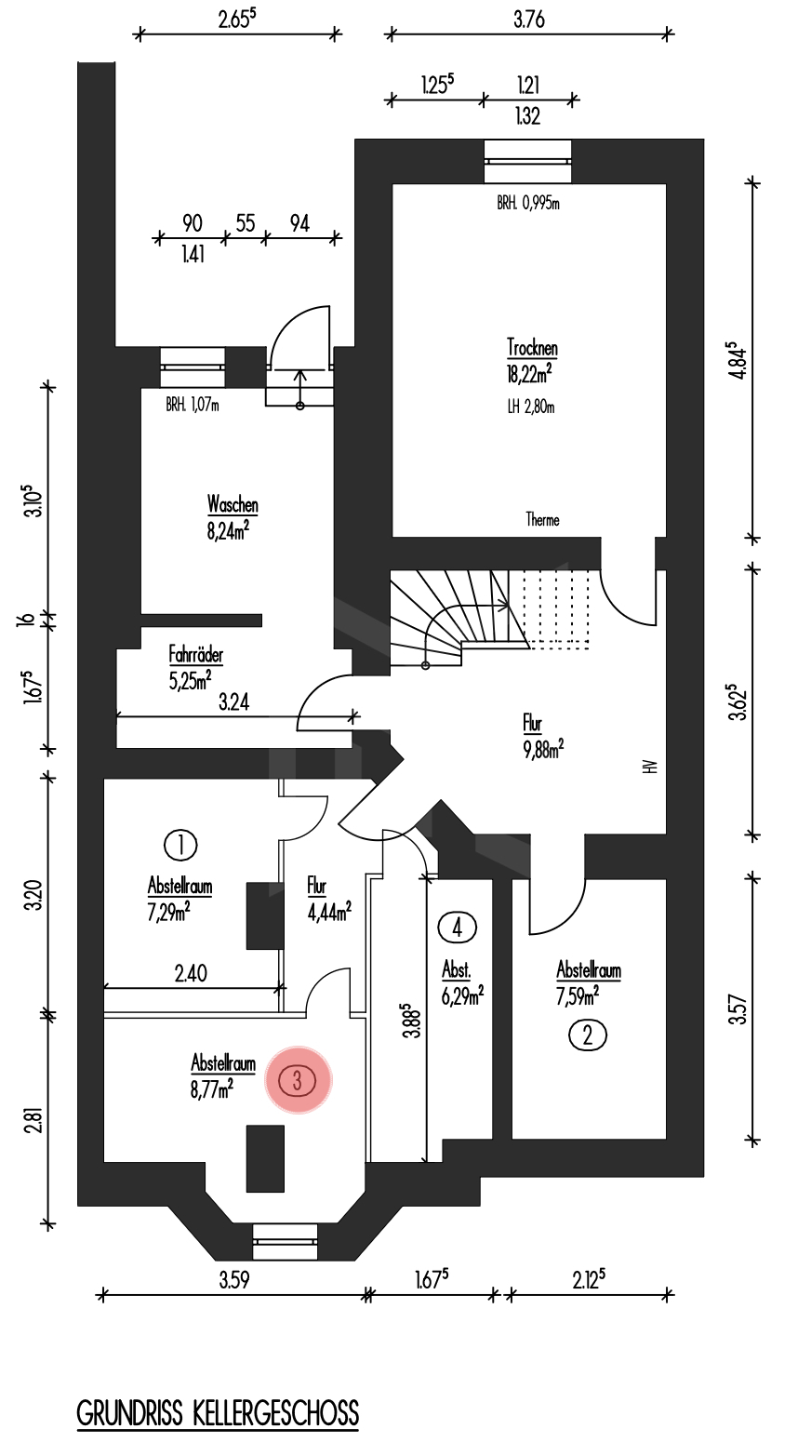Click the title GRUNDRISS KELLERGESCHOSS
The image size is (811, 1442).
pyautogui.click(x=218, y=1413)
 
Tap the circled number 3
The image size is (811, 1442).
pyautogui.click(x=298, y=1080)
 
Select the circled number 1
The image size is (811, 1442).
pyautogui.click(x=179, y=845)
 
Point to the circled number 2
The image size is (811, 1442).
pyautogui.click(x=587, y=1035)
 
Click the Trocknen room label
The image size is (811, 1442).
pyautogui.click(x=532, y=349)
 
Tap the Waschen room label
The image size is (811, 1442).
pyautogui.click(x=233, y=505)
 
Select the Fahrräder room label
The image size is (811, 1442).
pyautogui.click(x=195, y=655)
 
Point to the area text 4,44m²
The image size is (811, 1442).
pyautogui.click(x=328, y=912)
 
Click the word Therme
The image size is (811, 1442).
pyautogui.click(x=542, y=520)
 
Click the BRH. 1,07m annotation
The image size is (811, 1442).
pyautogui.click(x=192, y=405)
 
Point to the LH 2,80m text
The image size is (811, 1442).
pyautogui.click(x=531, y=407)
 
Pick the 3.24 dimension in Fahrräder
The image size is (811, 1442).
pyautogui.click(x=233, y=702)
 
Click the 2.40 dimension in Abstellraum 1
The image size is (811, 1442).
pyautogui.click(x=190, y=973)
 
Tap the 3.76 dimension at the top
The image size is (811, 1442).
pyautogui.click(x=528, y=19)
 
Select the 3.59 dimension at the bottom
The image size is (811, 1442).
pyautogui.click(x=234, y=1279)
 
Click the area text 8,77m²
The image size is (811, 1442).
pyautogui.click(x=211, y=1089)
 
